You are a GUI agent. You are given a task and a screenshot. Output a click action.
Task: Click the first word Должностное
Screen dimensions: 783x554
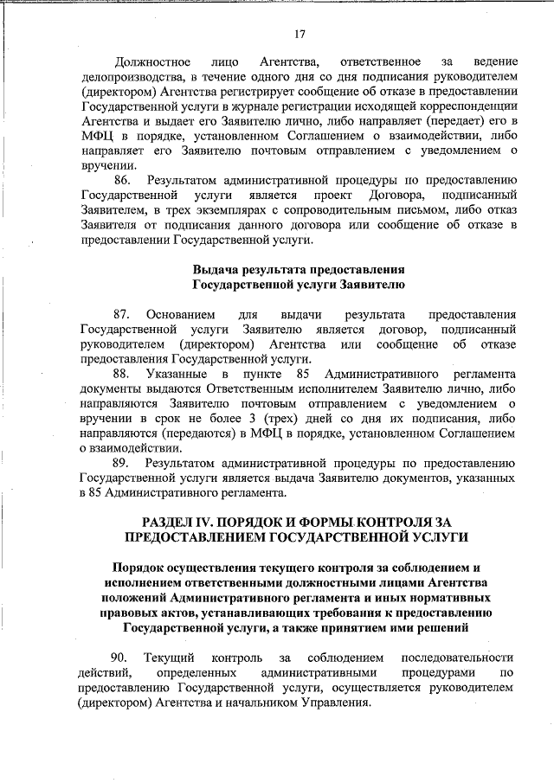tap(153, 63)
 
